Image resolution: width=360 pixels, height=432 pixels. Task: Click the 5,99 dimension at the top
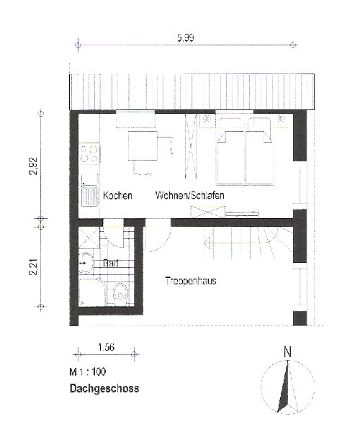[185, 37]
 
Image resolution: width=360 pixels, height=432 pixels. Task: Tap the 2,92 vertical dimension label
[33, 166]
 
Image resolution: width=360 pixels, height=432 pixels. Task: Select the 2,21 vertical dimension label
[33, 267]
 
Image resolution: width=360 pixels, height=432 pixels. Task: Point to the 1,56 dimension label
[106, 347]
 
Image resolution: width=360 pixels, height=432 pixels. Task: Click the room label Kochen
[117, 196]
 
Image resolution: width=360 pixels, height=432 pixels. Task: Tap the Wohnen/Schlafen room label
[190, 195]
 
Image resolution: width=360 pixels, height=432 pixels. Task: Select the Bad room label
[111, 263]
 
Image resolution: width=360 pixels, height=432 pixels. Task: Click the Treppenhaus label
[191, 281]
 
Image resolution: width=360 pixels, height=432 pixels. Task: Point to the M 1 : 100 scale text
[88, 372]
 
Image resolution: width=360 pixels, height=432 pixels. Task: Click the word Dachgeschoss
[104, 389]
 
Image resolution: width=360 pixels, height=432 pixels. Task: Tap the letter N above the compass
[287, 352]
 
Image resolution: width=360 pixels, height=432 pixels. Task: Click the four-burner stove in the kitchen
[89, 153]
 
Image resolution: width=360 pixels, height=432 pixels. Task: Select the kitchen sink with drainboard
[90, 191]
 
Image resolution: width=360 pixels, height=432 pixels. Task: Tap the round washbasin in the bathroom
[86, 263]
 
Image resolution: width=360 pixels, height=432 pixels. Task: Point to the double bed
[245, 151]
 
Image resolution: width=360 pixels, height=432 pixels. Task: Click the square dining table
[143, 145]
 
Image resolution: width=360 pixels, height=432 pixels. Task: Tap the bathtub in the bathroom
[93, 292]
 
